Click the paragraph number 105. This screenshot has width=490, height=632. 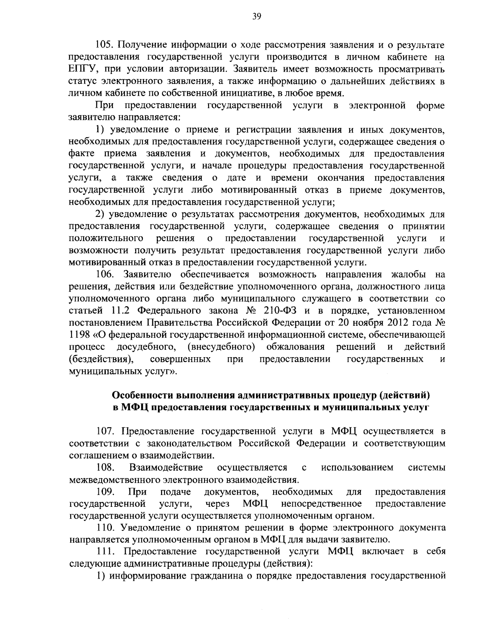[105, 45]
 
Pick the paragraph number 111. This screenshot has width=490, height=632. [106, 552]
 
